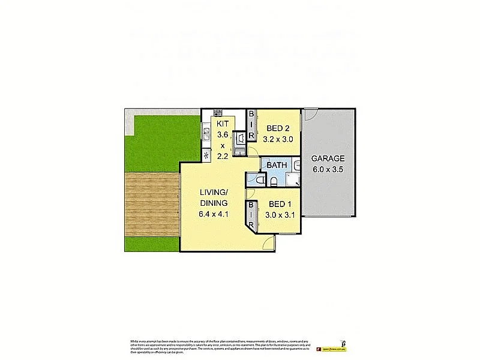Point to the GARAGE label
328,159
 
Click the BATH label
277,165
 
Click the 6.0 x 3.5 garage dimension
328,170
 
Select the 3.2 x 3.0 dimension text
278,139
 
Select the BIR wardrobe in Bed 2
252,125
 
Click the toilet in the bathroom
260,179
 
